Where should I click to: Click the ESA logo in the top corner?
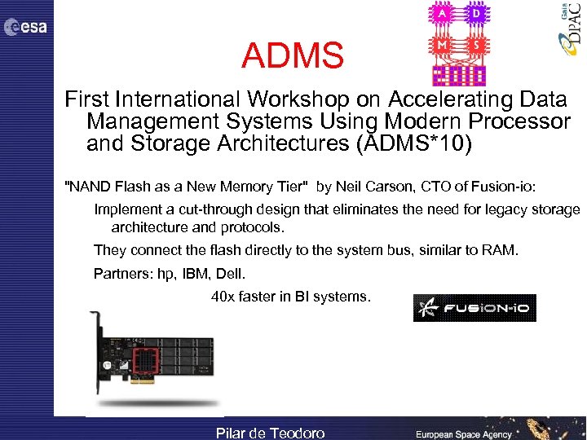(26, 28)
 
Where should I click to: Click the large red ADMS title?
(293, 55)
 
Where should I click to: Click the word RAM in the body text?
(501, 249)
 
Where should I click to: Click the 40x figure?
(223, 297)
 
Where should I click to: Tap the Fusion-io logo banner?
(474, 308)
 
